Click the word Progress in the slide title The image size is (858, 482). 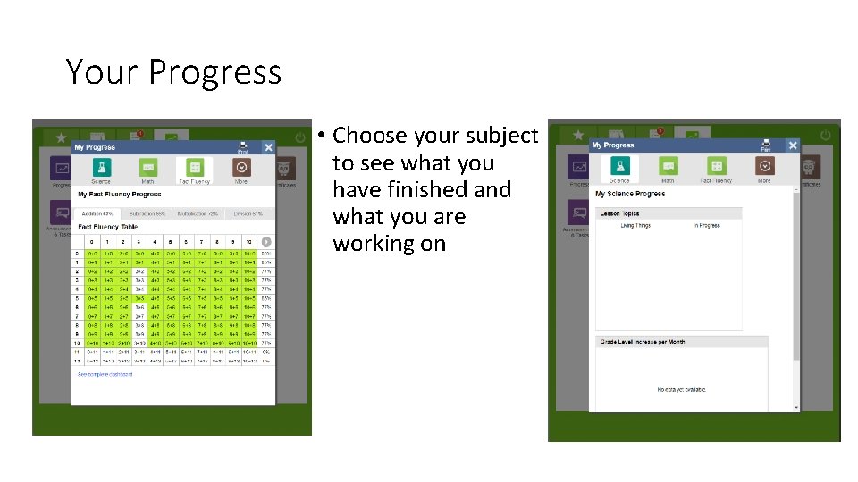pyautogui.click(x=214, y=72)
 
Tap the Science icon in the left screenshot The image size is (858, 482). pyautogui.click(x=101, y=167)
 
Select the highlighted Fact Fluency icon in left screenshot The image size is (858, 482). pyautogui.click(x=194, y=167)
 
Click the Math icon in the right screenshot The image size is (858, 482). pyautogui.click(x=668, y=166)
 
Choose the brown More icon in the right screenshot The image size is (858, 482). pyautogui.click(x=764, y=166)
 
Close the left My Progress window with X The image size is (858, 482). pyautogui.click(x=268, y=147)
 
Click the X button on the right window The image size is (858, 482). pyautogui.click(x=792, y=145)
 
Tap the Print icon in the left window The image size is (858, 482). pyautogui.click(x=242, y=147)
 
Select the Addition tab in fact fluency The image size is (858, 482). pyautogui.click(x=97, y=214)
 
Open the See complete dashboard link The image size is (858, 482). pyautogui.click(x=105, y=374)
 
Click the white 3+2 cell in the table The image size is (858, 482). pyautogui.click(x=139, y=271)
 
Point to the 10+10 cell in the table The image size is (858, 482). pyautogui.click(x=250, y=343)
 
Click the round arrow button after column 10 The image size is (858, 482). pyautogui.click(x=266, y=242)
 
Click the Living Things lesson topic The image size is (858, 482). pyautogui.click(x=635, y=226)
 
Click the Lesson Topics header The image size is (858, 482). pyautogui.click(x=619, y=214)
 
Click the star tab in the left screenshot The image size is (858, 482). pyautogui.click(x=61, y=137)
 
